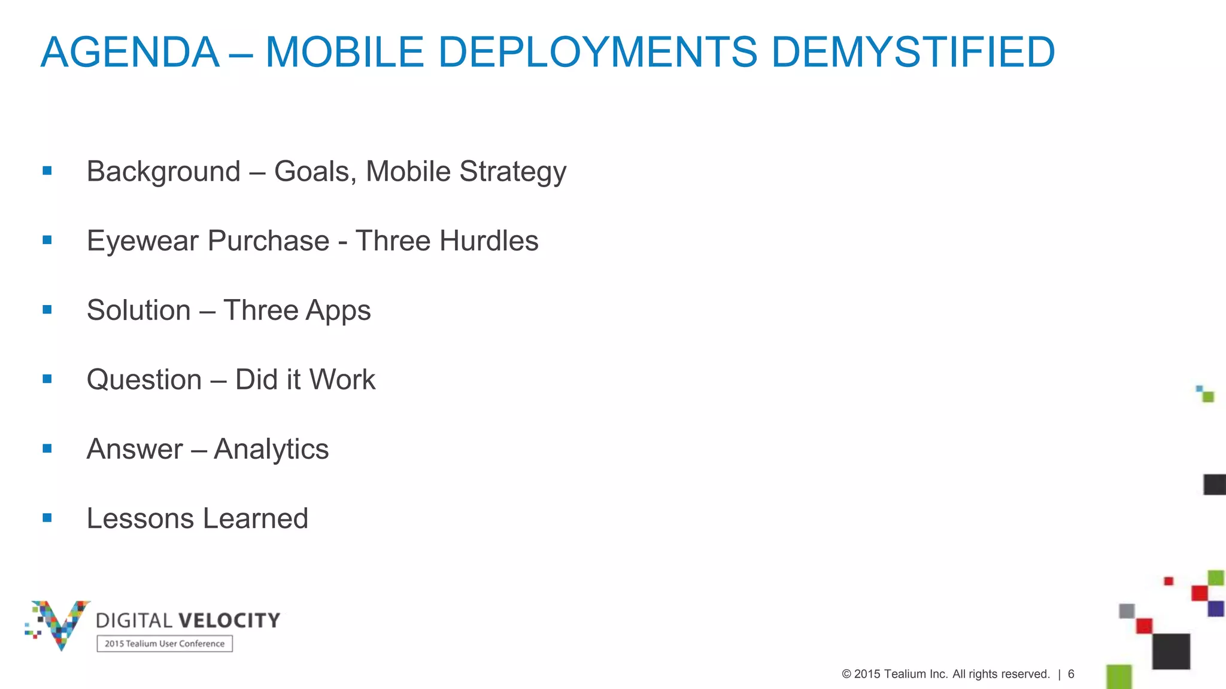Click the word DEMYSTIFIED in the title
(x=913, y=52)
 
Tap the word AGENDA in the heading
(x=130, y=52)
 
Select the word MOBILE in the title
(x=345, y=52)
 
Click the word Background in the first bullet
(x=163, y=172)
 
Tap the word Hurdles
(x=488, y=241)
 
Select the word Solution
(x=139, y=310)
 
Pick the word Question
(x=144, y=380)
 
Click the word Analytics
(x=271, y=450)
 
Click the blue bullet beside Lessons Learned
(x=47, y=517)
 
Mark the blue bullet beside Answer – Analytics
(x=47, y=448)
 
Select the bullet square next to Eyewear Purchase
(x=47, y=240)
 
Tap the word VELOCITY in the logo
(x=229, y=620)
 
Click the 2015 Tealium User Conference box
(x=165, y=644)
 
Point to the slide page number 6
(x=1071, y=674)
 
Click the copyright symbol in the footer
(x=846, y=674)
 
